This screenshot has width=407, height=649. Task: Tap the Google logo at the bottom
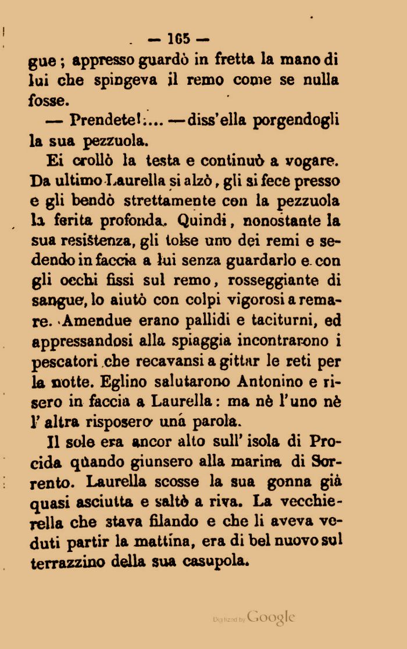[x=271, y=618]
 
